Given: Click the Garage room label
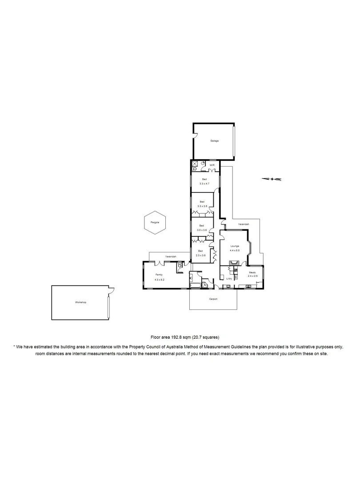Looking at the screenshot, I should point(215,141).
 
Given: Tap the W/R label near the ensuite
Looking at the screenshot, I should point(212,165).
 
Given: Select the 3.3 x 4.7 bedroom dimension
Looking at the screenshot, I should point(204,184).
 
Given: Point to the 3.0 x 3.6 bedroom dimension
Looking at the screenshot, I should point(202,230).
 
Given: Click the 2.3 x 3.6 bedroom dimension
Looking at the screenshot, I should point(200,256).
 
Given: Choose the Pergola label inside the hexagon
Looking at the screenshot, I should point(154,222).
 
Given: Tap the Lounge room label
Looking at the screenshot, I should point(235,246).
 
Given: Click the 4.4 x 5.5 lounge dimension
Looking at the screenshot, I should point(235,251).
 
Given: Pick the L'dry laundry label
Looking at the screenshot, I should point(229,279).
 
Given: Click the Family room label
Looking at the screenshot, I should point(159,275).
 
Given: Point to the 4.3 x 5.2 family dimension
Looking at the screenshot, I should point(159,280).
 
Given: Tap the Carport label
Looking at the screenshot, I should point(213,299).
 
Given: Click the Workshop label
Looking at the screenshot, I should point(80,302).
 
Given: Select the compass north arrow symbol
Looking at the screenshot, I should point(272,179).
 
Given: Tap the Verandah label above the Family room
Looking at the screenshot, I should point(171,257).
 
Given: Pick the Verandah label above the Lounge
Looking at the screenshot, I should point(243,224).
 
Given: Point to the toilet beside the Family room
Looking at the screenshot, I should point(180,267).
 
